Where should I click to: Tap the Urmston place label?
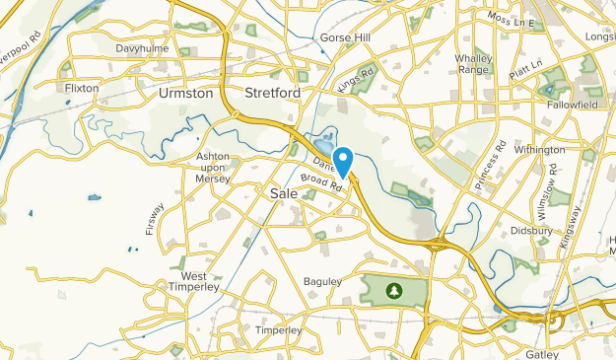point(184,94)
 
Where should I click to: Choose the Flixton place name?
point(82,88)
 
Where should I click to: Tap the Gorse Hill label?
point(344,38)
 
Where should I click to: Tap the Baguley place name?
point(322,282)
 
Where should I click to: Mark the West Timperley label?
point(194,282)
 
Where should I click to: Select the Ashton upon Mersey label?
point(212,165)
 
